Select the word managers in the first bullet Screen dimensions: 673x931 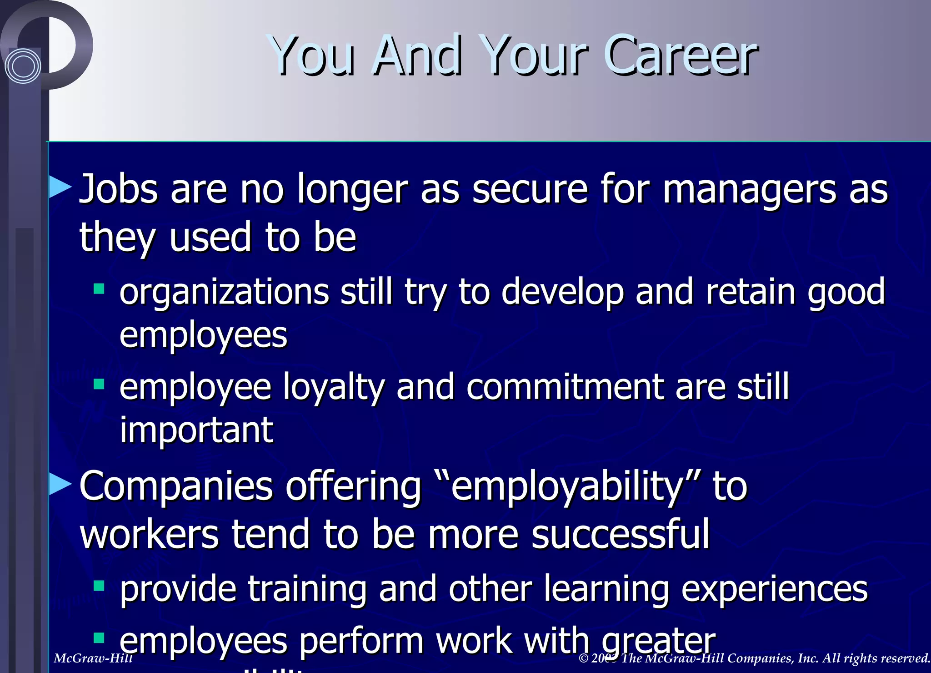[x=749, y=189]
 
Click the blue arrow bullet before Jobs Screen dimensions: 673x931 [x=60, y=187]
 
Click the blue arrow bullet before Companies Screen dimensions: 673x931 [x=60, y=484]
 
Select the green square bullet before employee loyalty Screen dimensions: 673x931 [x=99, y=385]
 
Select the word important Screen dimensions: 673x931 [x=196, y=430]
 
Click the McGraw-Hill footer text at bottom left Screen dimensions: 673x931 [x=93, y=658]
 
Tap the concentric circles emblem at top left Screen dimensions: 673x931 [x=23, y=66]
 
